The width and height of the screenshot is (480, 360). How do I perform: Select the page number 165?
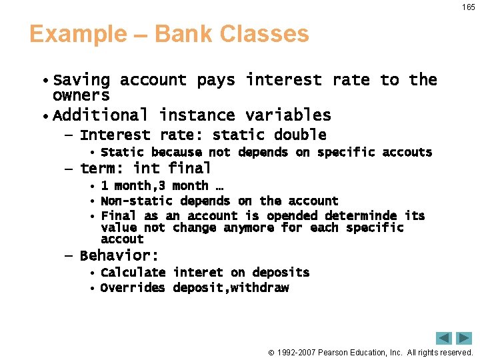pos(468,7)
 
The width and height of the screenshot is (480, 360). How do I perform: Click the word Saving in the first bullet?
pos(81,80)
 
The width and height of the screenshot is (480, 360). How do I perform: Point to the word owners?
pos(81,95)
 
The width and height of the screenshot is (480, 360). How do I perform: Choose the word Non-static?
pos(137,201)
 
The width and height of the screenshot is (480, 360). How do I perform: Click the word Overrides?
pos(133,288)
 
